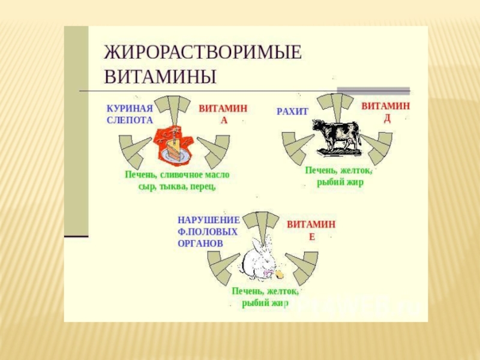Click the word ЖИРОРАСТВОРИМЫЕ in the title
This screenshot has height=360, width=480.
click(x=203, y=52)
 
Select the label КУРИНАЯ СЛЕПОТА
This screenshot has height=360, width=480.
click(x=130, y=114)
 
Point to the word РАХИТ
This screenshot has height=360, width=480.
click(x=292, y=112)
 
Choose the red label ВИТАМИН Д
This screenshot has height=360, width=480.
click(x=386, y=111)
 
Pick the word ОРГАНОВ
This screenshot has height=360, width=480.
click(x=200, y=244)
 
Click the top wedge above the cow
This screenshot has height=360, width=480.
click(x=336, y=106)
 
